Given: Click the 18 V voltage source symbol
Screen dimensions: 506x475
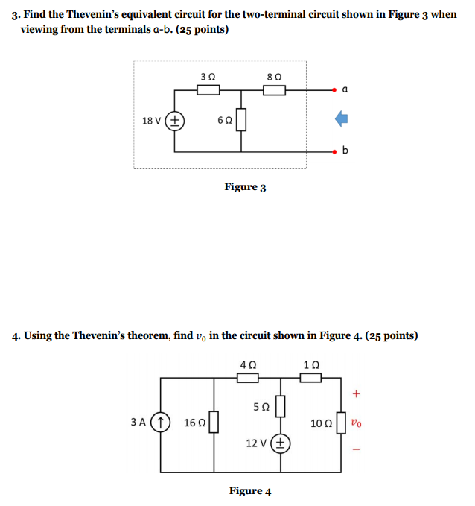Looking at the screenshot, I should [175, 121].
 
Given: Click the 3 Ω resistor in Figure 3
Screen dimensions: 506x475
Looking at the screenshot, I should [208, 90].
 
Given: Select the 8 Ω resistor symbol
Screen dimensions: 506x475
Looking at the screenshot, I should [275, 90].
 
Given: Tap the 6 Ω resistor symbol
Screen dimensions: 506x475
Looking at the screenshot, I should [241, 121].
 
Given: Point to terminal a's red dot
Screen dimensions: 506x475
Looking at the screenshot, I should [337, 90].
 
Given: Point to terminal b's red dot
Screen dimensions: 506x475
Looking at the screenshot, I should [337, 151].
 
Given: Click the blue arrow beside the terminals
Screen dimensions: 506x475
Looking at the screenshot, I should [341, 118].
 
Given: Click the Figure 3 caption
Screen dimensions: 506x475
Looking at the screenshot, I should [245, 187].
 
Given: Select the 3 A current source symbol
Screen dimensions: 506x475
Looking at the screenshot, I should [162, 422].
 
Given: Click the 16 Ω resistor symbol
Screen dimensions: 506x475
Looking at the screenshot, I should [214, 423].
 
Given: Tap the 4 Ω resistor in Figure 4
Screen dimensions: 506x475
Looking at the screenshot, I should [248, 378].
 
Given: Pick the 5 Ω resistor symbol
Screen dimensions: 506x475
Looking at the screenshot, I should [281, 407].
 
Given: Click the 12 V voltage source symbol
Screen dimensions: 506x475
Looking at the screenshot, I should [281, 443].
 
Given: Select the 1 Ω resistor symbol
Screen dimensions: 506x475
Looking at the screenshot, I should [311, 378].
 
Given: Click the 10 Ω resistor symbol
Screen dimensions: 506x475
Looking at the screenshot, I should [341, 423].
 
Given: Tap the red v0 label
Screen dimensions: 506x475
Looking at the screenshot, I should [358, 423].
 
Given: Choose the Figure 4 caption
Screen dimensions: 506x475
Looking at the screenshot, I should [249, 491].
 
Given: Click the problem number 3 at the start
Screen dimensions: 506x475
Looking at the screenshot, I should [14, 15].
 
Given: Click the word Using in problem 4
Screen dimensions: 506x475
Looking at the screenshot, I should [38, 335].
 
